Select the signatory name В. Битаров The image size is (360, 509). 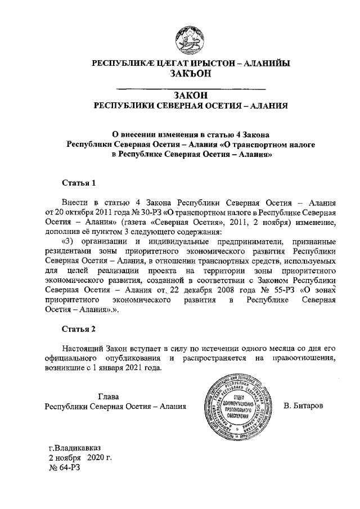coord(304,406)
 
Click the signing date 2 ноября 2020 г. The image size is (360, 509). coord(79,458)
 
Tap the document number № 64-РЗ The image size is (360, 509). coord(65,467)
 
